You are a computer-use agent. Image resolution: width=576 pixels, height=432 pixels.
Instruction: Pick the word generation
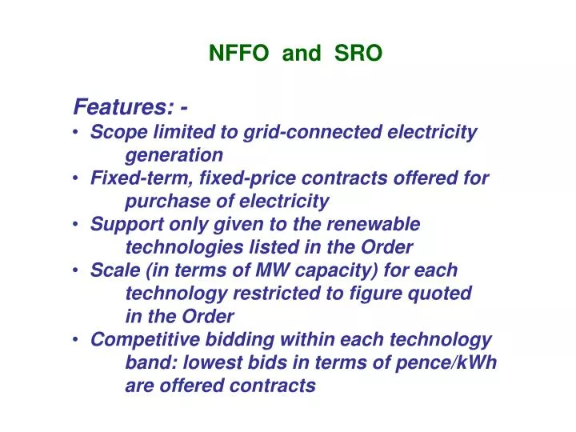(x=174, y=154)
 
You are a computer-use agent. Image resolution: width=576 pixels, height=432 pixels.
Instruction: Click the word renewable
(x=377, y=224)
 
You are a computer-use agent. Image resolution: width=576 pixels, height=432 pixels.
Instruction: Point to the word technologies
(x=175, y=247)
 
